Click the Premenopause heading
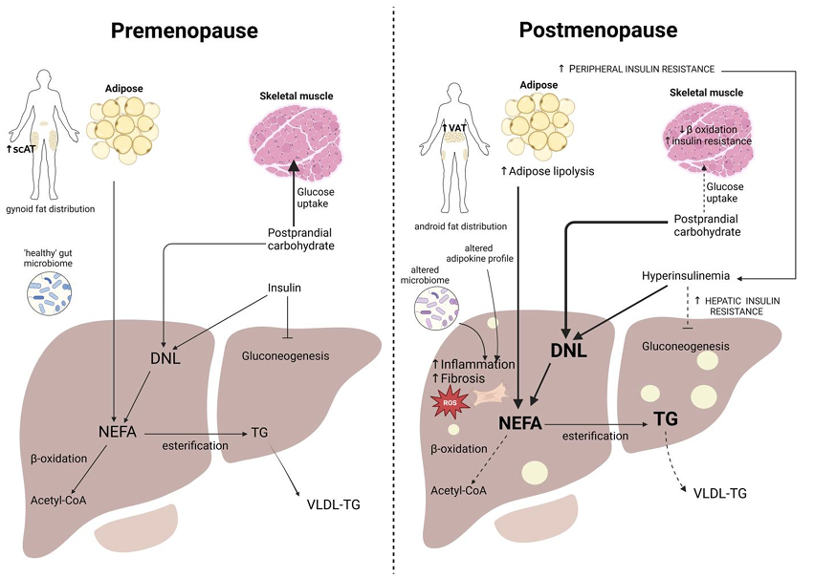[184, 31]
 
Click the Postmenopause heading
[599, 31]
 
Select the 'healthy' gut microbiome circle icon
[53, 291]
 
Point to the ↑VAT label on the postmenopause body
[454, 128]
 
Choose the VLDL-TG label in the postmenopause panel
[714, 493]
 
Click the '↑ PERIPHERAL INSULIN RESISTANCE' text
[638, 70]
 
